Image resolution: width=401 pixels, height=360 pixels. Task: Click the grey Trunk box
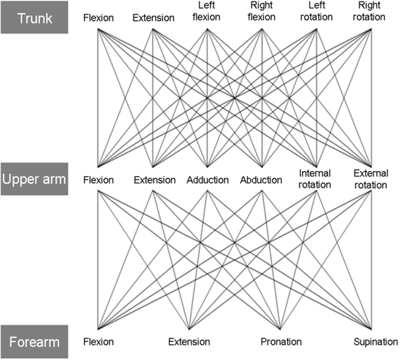pos(35,17)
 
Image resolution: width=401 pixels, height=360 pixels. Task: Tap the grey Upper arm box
pos(35,179)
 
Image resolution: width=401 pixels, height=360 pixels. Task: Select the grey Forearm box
pos(35,342)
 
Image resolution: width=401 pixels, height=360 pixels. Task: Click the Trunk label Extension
pos(154,18)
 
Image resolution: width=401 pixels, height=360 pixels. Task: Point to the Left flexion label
pos(207,12)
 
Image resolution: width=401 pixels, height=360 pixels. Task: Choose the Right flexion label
pos(262,12)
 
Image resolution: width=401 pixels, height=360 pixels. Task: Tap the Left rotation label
pos(317,12)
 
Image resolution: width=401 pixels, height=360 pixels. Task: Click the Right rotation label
pos(369,12)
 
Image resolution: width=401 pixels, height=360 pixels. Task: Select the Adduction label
pos(207,180)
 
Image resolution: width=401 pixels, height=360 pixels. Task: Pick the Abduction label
pos(261,180)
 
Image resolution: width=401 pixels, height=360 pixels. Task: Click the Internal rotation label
pos(315,179)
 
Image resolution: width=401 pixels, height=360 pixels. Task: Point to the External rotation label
pos(371,179)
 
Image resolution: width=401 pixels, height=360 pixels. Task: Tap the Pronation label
pos(281,342)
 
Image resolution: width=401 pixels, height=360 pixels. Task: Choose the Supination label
pos(376,342)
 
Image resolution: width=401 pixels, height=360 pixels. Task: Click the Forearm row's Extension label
pos(189,342)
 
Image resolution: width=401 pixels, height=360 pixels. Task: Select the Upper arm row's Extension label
pos(154,180)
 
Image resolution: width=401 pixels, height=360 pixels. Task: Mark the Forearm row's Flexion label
pos(99,342)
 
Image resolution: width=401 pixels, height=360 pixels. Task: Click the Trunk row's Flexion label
pos(99,18)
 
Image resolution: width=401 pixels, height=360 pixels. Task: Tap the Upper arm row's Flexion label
pos(99,180)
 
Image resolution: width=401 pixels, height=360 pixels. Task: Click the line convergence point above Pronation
pos(281,329)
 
